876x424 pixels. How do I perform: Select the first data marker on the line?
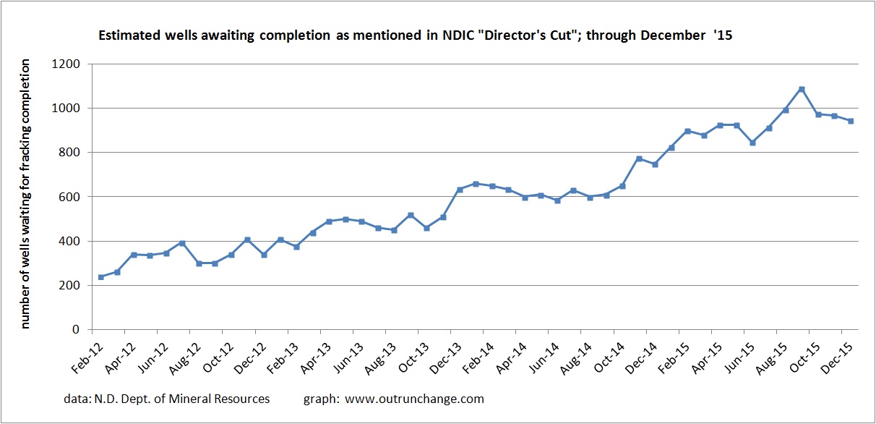click(x=100, y=277)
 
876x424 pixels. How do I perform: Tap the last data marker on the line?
click(x=851, y=121)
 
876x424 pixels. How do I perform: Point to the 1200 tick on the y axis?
click(x=72, y=64)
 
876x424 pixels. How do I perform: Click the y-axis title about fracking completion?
click(x=25, y=194)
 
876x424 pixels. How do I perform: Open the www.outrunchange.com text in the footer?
click(x=414, y=399)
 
